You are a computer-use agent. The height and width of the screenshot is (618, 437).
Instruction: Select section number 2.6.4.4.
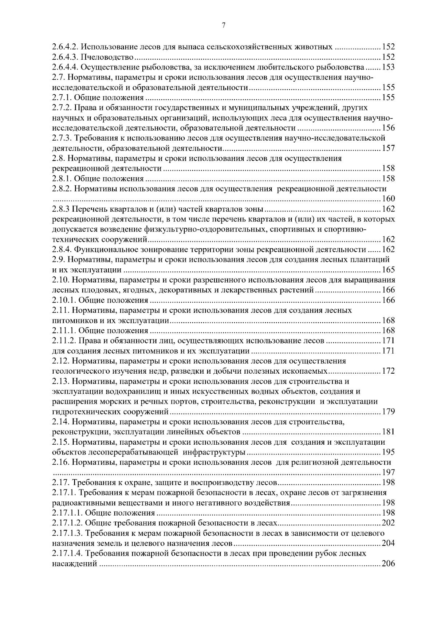click(x=65, y=67)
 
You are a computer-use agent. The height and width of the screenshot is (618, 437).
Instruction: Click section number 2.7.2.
click(x=62, y=108)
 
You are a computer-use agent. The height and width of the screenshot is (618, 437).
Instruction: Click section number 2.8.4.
click(x=62, y=249)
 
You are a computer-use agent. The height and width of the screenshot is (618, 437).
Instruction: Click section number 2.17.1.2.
click(x=67, y=523)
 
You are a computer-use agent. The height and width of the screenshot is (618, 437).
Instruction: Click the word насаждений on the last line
click(x=75, y=564)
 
